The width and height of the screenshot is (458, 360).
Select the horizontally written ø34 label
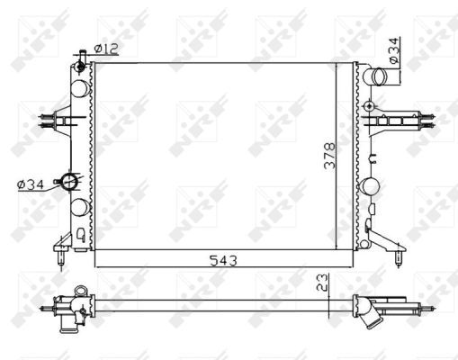point(30,185)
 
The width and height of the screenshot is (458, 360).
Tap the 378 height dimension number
point(330,158)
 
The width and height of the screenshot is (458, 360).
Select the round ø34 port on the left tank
point(68,181)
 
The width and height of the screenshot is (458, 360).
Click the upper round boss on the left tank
point(80,87)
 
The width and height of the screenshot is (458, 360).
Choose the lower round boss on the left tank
point(80,206)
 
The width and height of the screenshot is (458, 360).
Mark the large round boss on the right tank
point(370,188)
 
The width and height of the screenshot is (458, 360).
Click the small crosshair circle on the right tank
point(369,107)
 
